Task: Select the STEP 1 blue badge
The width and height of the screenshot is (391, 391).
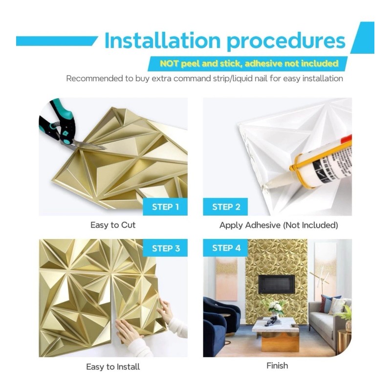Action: click(x=165, y=207)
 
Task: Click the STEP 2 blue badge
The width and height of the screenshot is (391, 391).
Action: click(x=226, y=207)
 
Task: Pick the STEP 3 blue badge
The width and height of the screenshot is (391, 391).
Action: click(x=165, y=248)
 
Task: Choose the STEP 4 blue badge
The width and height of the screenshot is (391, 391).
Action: click(x=226, y=248)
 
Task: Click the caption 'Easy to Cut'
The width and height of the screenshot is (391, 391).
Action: click(x=113, y=225)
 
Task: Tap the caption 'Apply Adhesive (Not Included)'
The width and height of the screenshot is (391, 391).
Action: click(x=279, y=225)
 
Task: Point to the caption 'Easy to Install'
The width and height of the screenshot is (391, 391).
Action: click(x=113, y=366)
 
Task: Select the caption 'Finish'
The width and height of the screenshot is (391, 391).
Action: click(x=277, y=365)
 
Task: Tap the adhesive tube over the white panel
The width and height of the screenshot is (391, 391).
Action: click(x=318, y=161)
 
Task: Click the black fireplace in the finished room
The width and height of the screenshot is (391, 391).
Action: click(x=277, y=284)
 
